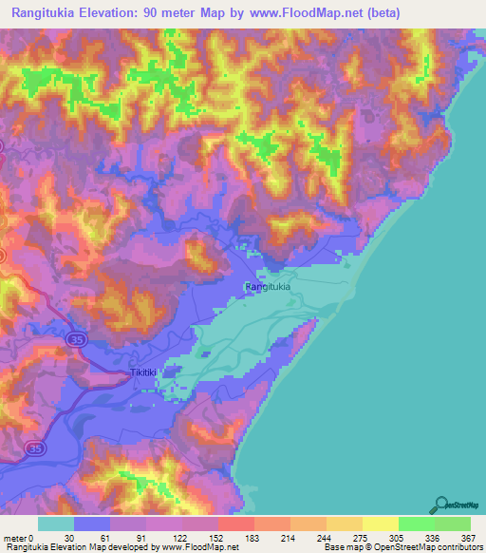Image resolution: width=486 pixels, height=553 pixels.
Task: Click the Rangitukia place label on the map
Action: point(267,286)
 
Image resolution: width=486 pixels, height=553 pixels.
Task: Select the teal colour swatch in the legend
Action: point(56,524)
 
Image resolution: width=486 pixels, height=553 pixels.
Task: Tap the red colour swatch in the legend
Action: point(236,524)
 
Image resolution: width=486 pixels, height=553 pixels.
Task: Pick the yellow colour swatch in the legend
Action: point(381,524)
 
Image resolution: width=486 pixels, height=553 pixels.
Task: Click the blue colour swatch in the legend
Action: point(92,524)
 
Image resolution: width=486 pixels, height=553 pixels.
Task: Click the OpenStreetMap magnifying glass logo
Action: point(441,505)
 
